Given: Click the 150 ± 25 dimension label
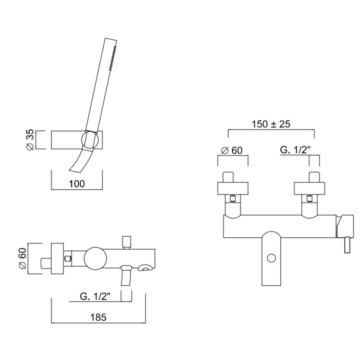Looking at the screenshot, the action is pos(271,124).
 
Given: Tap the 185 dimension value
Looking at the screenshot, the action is pos(98,317).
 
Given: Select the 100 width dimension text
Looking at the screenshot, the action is pos(76,183).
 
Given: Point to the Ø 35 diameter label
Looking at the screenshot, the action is pos(30,139).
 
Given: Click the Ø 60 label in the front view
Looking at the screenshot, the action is pos(231,150).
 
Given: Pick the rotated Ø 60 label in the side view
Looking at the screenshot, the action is pos(22,259).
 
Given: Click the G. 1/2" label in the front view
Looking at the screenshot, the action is pos(295,150).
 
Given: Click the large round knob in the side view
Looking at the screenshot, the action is pos(95,259).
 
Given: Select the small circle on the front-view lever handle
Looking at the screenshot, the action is pos(271,258).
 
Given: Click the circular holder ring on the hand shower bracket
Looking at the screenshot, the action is pos(90,140).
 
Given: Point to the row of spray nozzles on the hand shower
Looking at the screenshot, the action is pos(112,57).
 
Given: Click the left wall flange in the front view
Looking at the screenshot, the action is pos(233,188).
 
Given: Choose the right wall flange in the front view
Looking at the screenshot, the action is pos(309,188).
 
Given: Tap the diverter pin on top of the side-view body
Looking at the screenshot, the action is pos(127,242).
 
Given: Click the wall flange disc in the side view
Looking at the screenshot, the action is pos(57,258).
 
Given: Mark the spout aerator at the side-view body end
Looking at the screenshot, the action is pos(145,267).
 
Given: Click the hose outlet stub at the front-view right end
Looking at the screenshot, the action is pos(347,244).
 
